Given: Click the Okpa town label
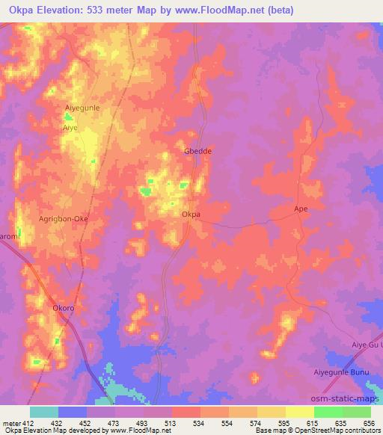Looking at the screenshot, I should (191, 215).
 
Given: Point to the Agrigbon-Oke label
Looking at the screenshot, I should (64, 219).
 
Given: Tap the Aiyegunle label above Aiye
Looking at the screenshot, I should (82, 108).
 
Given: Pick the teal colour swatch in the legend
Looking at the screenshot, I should (44, 412).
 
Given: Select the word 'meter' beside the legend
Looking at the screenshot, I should (11, 423).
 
